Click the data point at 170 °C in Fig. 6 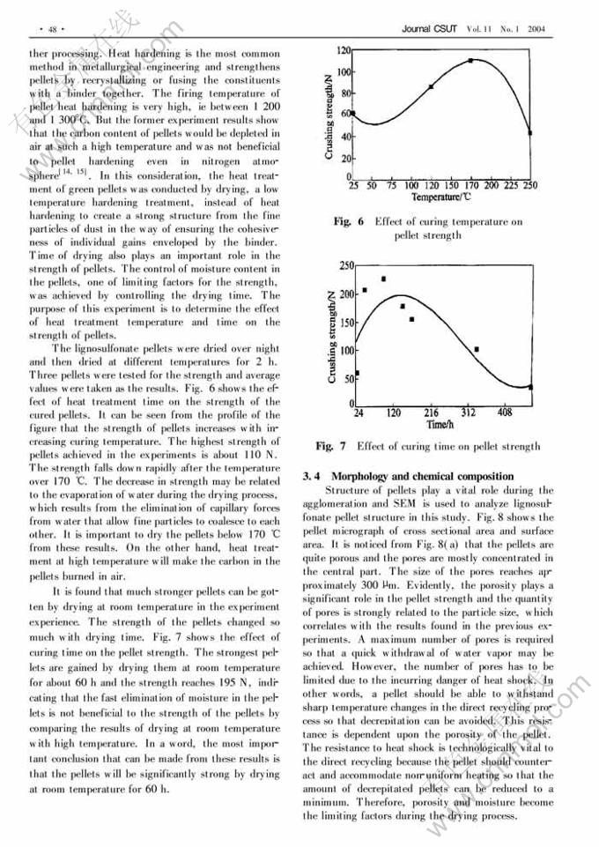pos(470,61)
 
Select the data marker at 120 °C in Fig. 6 pos(431,86)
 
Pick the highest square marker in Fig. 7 pos(383,279)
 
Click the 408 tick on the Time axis pos(506,412)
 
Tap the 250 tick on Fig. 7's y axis pos(347,264)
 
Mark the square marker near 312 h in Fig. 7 pos(477,349)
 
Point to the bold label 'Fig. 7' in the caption pos(330,447)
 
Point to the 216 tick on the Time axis pos(432,412)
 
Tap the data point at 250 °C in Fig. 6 pos(530,133)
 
